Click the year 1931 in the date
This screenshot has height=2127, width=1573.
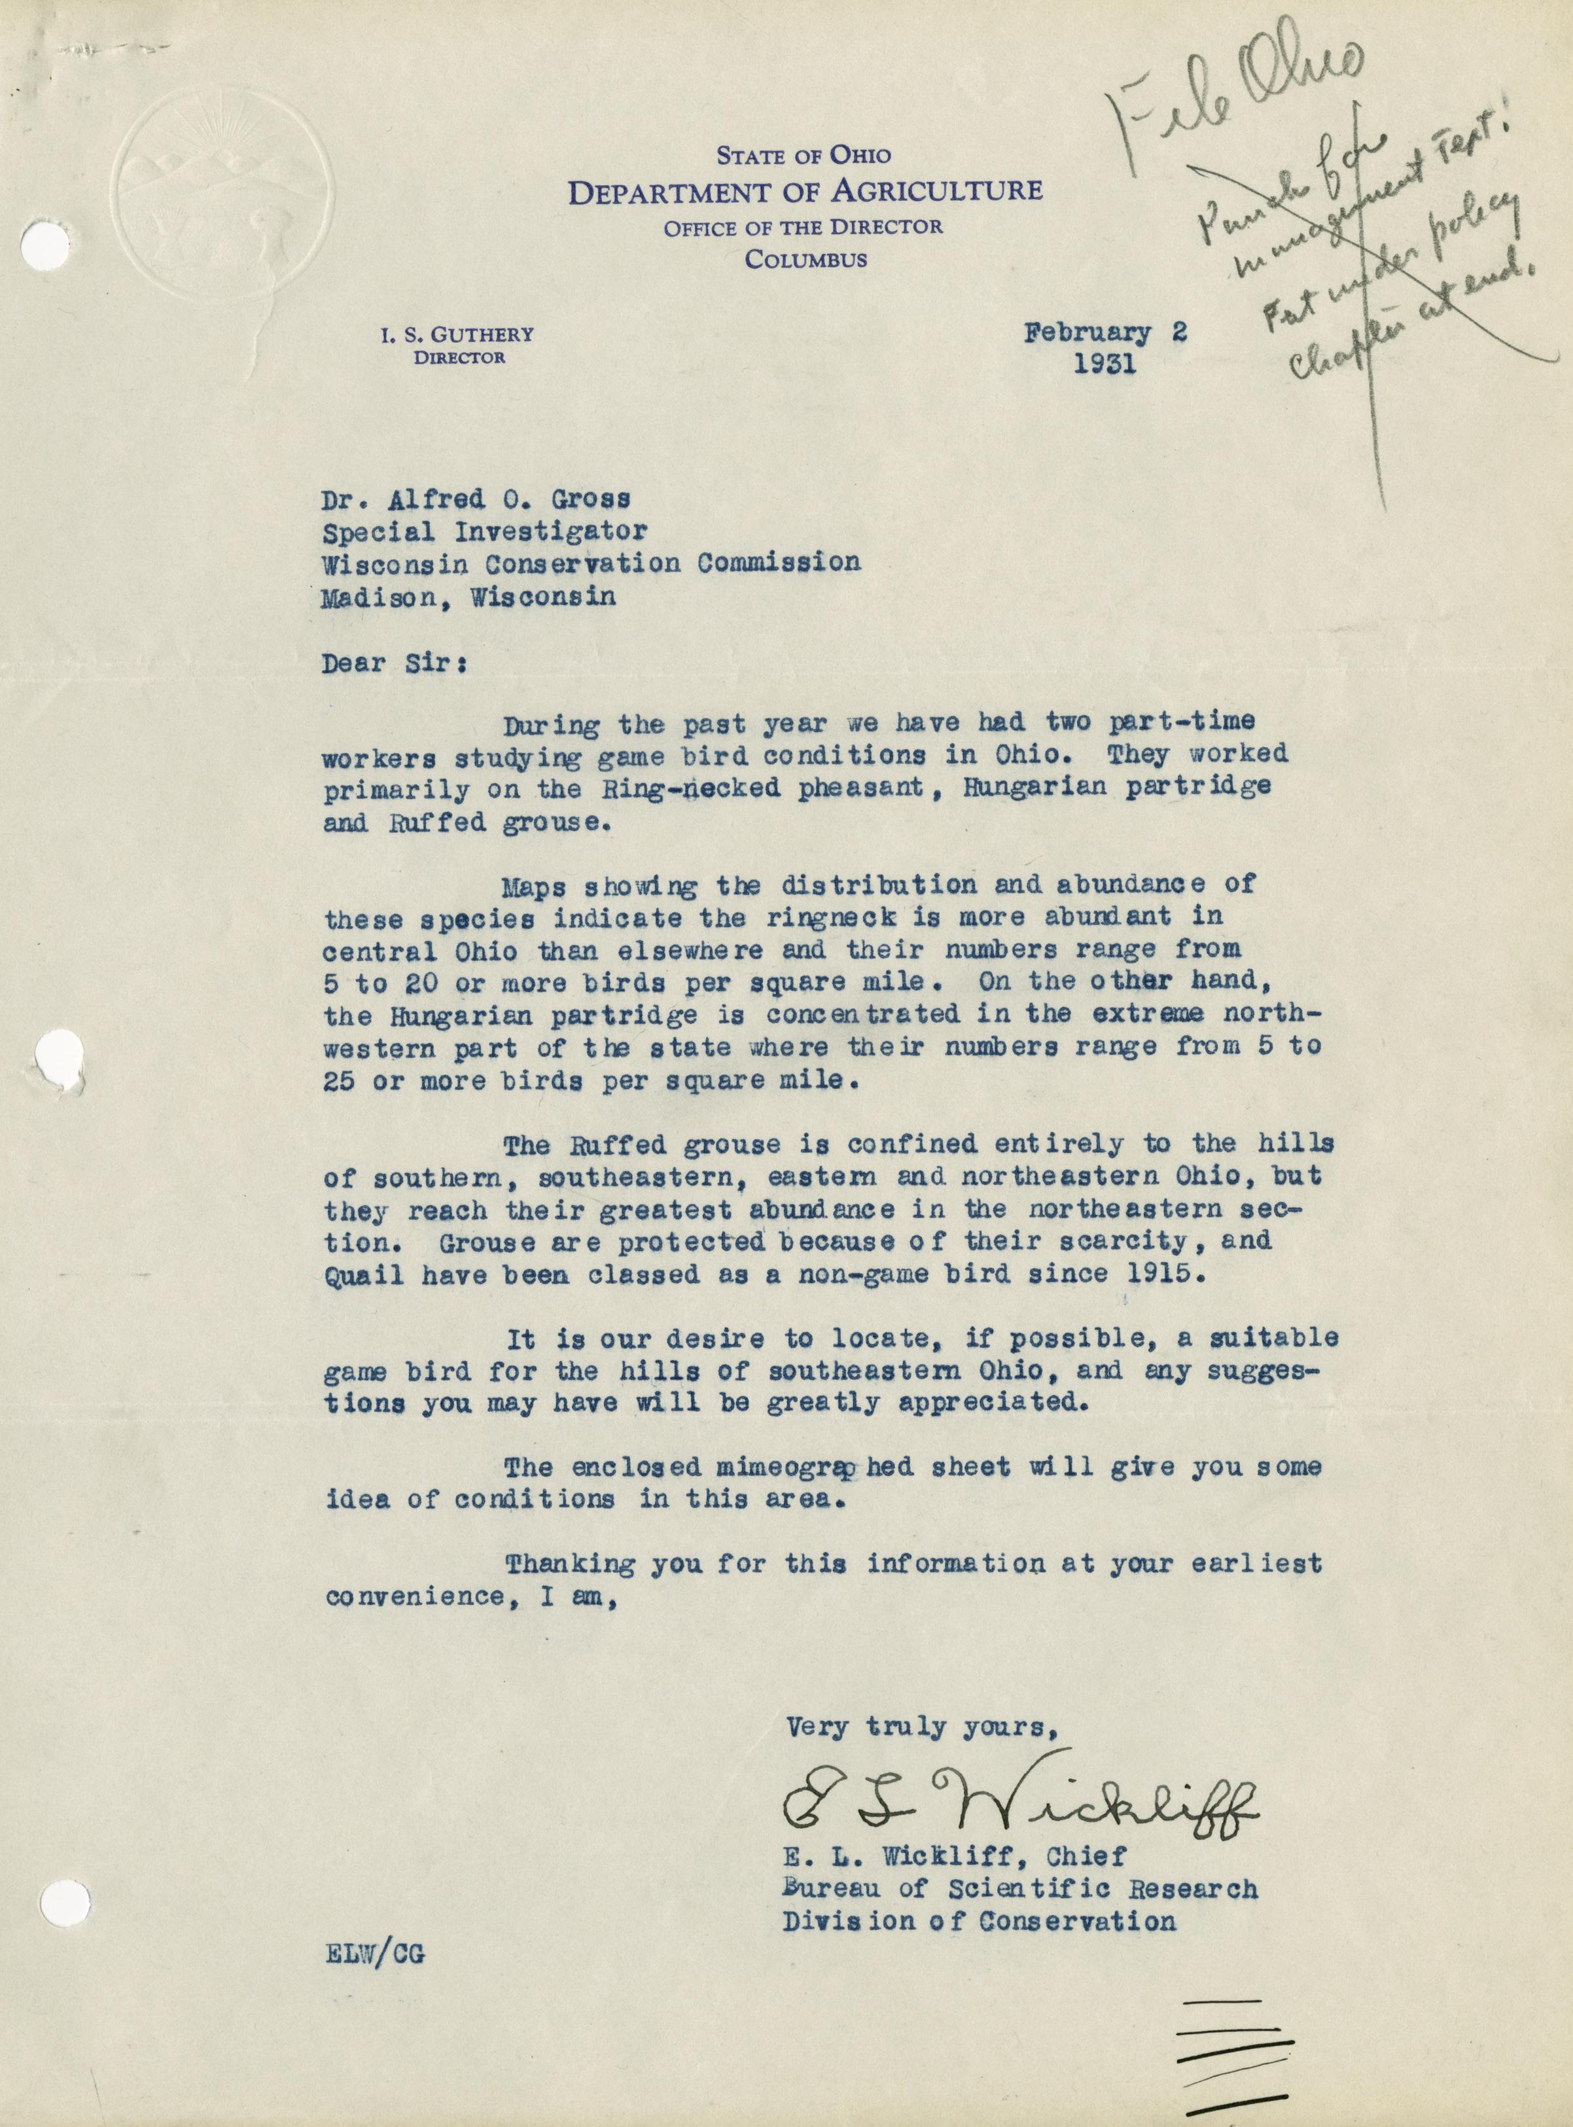point(1105,364)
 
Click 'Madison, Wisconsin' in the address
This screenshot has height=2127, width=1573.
point(468,596)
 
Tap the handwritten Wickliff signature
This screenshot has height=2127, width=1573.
point(1019,1797)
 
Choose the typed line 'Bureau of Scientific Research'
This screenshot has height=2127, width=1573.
point(1020,1889)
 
